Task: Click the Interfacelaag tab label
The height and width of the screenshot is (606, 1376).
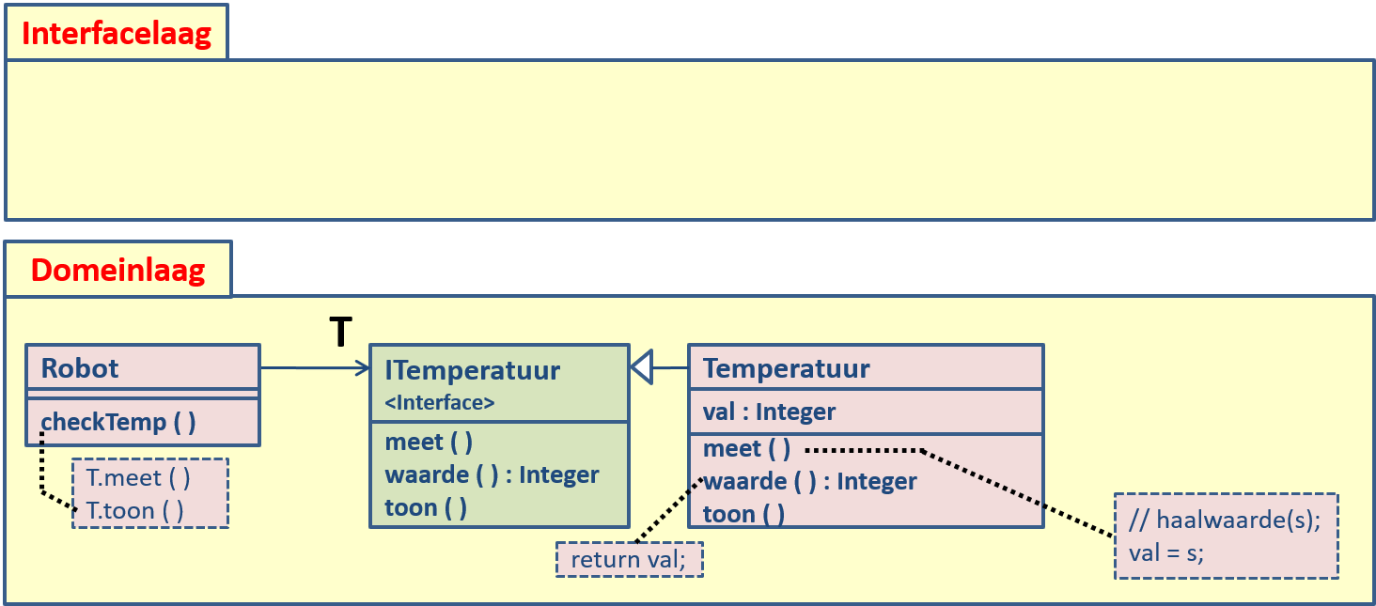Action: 116,34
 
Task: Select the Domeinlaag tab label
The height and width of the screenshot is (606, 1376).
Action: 117,270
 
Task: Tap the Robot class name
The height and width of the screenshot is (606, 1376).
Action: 80,367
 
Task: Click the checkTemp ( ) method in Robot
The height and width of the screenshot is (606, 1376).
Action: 118,422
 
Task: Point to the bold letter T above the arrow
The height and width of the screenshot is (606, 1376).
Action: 341,333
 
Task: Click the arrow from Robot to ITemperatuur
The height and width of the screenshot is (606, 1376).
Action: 315,368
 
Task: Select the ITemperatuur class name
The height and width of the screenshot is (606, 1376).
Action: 472,370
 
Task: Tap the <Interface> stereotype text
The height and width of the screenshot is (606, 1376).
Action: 440,403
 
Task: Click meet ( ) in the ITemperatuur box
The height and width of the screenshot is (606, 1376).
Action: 429,443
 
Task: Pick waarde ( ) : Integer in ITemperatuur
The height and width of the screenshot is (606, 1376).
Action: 492,474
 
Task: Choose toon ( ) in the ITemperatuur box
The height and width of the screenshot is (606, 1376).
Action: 426,507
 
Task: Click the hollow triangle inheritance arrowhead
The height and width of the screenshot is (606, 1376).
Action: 642,367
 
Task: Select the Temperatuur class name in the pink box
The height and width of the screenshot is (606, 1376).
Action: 787,368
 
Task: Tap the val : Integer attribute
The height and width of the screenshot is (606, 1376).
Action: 769,412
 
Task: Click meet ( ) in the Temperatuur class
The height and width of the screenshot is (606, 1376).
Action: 746,448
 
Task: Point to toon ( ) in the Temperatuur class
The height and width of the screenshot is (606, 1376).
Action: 743,514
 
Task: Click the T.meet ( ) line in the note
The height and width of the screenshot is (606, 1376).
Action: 138,477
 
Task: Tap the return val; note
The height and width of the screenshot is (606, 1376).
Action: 629,560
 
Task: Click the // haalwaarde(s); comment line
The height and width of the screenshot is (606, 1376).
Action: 1225,521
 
